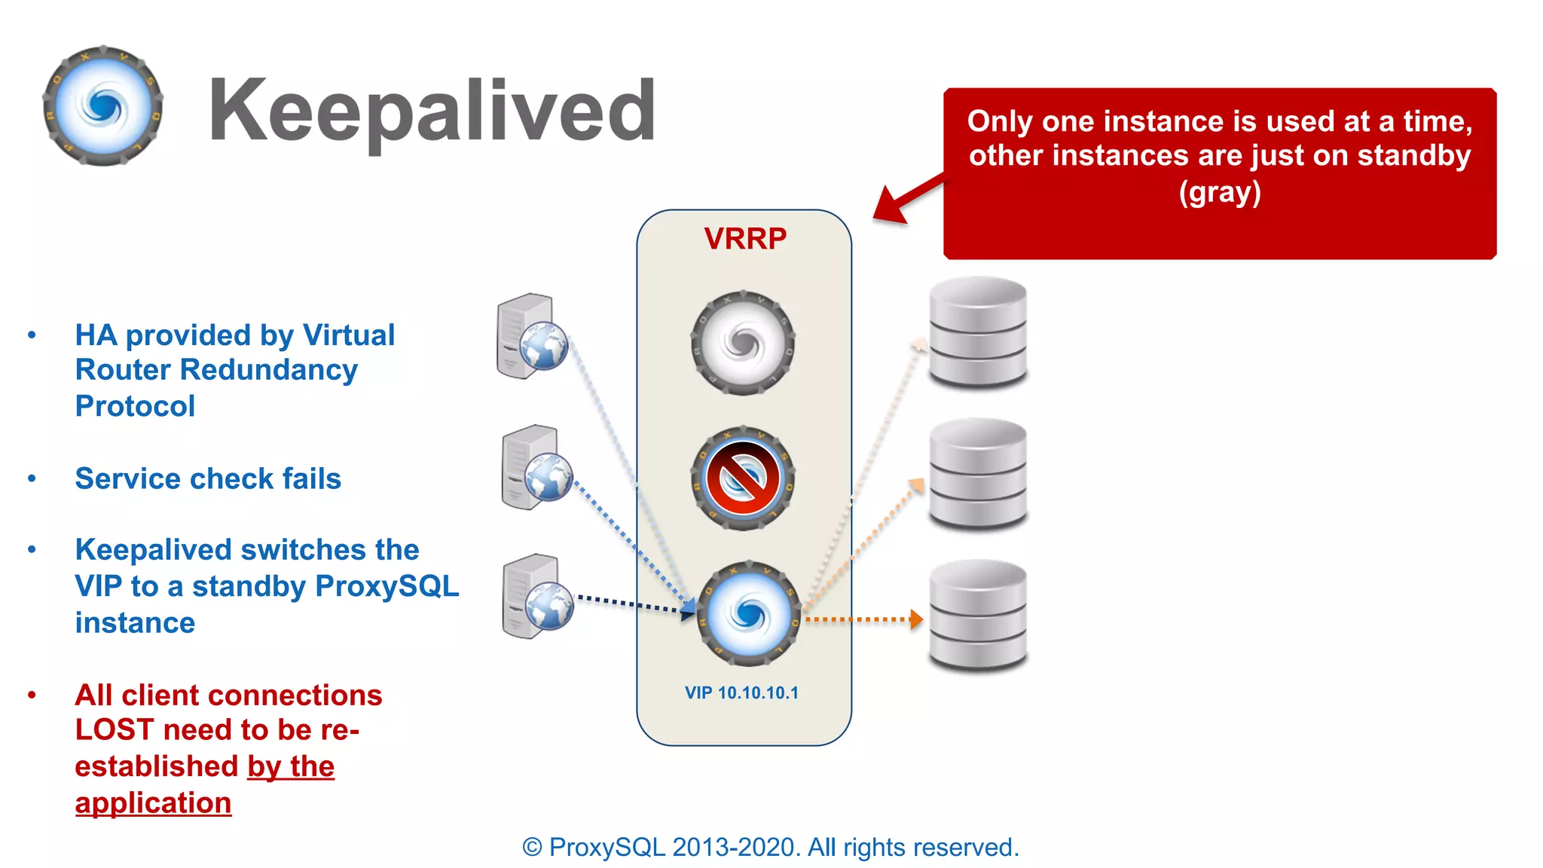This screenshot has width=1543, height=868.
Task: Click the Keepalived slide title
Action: (x=432, y=111)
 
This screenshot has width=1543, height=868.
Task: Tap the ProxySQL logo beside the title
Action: (x=103, y=106)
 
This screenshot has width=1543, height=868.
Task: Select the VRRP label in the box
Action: (x=744, y=239)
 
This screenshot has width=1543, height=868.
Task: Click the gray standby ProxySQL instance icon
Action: (x=743, y=344)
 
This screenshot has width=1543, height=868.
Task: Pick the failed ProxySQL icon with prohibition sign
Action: (x=743, y=478)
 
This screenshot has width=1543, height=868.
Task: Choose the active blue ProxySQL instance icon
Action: (x=748, y=613)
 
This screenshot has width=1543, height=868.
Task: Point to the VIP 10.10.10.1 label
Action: (x=741, y=693)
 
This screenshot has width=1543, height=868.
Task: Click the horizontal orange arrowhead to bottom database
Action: (x=916, y=619)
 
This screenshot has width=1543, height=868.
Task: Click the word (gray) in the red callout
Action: (x=1220, y=192)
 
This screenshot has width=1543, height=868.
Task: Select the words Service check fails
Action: (x=208, y=479)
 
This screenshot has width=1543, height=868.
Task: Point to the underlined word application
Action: (x=153, y=803)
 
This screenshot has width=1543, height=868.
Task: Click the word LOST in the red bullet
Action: (x=115, y=730)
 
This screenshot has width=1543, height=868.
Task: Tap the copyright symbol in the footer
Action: (x=532, y=848)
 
